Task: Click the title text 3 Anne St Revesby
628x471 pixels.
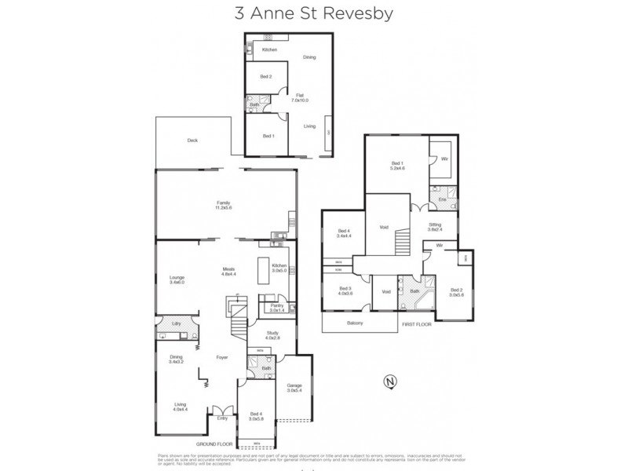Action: [313, 13]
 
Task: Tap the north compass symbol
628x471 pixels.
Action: [387, 382]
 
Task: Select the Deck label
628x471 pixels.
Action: [192, 141]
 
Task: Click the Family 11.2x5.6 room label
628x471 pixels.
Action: [224, 205]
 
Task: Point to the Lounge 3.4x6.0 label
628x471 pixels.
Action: [176, 279]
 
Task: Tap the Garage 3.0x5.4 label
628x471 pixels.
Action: [294, 388]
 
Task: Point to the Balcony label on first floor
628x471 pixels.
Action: [354, 323]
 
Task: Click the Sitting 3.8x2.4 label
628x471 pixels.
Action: [435, 228]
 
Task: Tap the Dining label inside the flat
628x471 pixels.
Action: [309, 57]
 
